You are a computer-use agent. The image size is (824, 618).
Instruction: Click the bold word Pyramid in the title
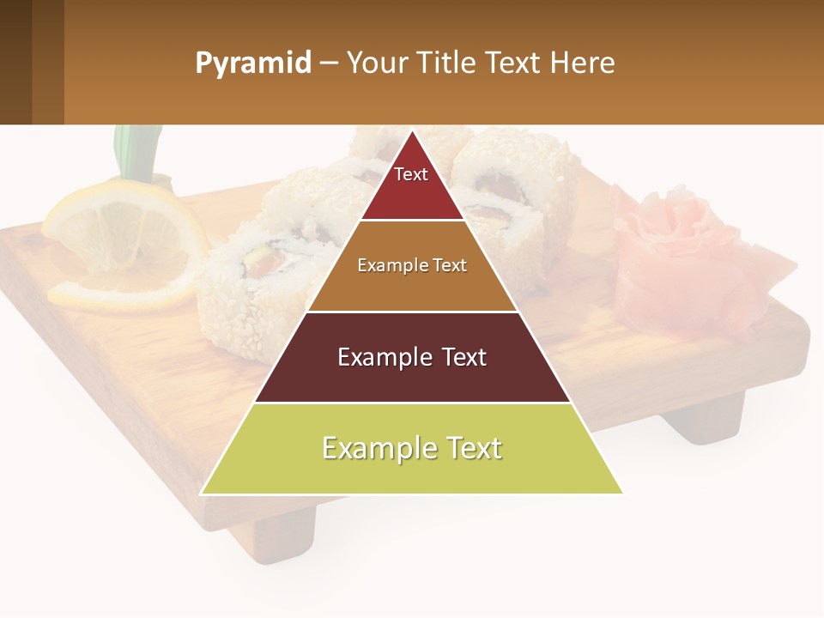(253, 64)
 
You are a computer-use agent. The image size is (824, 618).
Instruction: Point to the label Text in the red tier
(411, 174)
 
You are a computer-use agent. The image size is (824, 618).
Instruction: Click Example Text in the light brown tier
(412, 265)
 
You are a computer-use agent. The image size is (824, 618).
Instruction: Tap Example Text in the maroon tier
(412, 357)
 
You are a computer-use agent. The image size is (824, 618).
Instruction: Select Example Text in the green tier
(412, 448)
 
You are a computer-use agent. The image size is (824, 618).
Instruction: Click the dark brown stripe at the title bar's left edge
(15, 63)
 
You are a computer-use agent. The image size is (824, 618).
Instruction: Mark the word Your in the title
(375, 64)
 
